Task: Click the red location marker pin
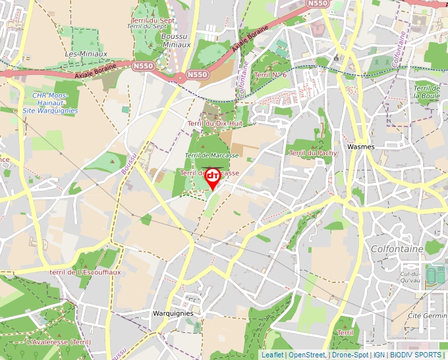213,178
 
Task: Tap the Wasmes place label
360,146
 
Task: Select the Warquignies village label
173,313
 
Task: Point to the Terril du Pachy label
313,153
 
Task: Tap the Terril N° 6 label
270,75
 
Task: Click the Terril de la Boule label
427,91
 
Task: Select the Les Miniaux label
82,53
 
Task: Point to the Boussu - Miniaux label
175,41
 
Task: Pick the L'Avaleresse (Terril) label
59,342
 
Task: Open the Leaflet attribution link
272,355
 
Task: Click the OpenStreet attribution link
307,355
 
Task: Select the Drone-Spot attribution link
350,355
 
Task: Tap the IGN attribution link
379,355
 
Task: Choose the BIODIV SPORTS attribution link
416,355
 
